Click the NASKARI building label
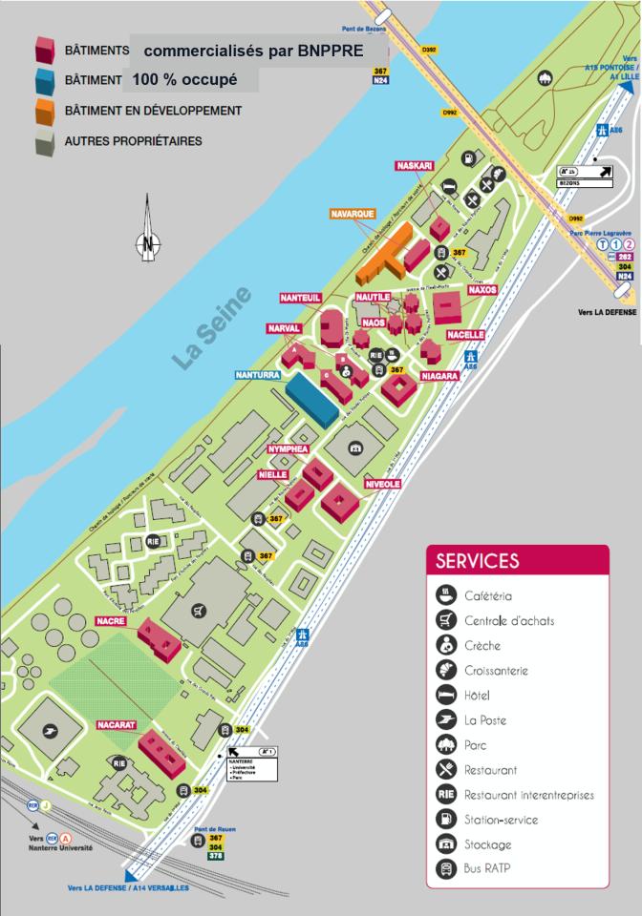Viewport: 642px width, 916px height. (415, 166)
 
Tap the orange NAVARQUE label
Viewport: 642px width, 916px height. (353, 214)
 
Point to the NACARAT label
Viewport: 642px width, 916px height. (118, 726)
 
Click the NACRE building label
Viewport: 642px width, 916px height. (111, 621)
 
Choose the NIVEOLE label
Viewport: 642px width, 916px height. (382, 485)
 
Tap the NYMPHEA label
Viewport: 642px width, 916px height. (288, 448)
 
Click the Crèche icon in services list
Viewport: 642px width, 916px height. (446, 645)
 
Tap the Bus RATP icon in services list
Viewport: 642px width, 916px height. (446, 868)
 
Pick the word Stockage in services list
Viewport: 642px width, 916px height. (488, 844)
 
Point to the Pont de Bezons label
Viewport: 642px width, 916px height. (365, 30)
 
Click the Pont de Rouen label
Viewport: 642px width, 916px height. (213, 829)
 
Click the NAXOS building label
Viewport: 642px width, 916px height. (482, 289)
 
